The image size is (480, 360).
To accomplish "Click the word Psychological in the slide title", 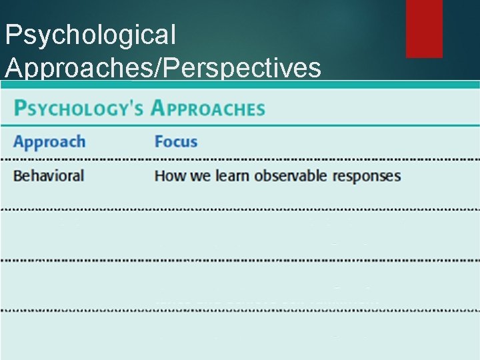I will coord(90,35).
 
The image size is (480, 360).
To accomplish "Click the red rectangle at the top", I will coord(424,28).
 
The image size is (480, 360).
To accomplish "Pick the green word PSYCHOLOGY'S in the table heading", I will coord(79,109).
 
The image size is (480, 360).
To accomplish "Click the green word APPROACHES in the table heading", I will coord(207,109).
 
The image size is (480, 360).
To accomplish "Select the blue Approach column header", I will coord(49,142).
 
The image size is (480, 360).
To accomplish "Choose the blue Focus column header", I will coord(176,142).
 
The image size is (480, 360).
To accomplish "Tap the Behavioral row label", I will coord(49,176).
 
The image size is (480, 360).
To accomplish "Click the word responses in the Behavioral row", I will coord(367,176).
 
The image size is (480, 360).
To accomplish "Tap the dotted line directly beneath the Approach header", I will coord(240,159).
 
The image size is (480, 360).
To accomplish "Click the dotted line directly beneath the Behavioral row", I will coord(240,209).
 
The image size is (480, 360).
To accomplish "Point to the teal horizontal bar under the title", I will coord(240,85).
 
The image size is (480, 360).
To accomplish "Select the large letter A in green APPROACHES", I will coord(159,108).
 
